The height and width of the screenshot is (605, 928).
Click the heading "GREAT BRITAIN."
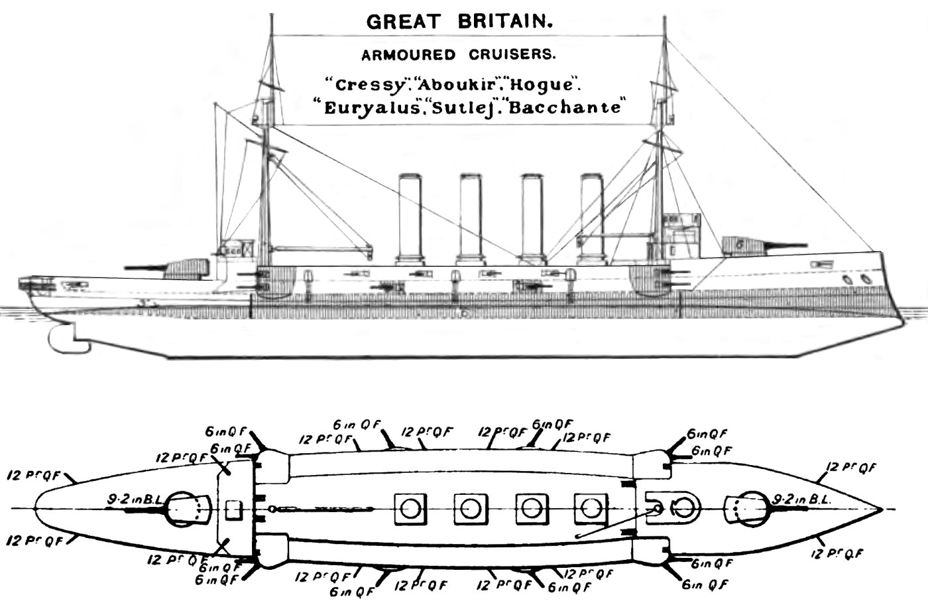tap(459, 22)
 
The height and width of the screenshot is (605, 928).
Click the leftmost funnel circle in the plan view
tap(409, 509)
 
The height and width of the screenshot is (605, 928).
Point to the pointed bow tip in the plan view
tap(882, 509)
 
